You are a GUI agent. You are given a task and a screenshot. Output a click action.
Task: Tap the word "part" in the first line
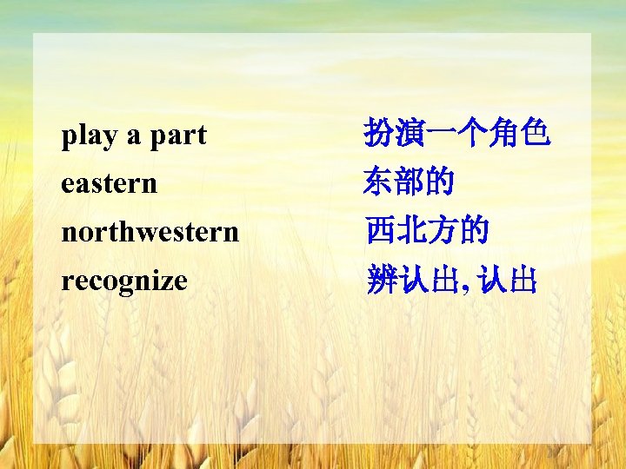click(177, 135)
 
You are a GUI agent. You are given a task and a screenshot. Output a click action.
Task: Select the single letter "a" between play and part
click(133, 137)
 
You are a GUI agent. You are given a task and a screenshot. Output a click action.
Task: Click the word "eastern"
click(109, 183)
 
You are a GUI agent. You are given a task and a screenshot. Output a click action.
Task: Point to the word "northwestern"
click(150, 232)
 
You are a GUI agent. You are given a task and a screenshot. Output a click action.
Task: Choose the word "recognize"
click(124, 281)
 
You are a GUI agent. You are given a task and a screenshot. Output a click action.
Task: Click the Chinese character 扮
click(380, 135)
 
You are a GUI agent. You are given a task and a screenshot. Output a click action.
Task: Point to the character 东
click(380, 183)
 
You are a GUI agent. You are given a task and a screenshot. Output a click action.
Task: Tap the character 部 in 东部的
click(410, 183)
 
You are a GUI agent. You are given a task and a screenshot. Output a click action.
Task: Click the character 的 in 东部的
click(441, 183)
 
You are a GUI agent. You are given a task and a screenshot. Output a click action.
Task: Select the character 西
click(380, 232)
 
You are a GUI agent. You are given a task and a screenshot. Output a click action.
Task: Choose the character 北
click(410, 232)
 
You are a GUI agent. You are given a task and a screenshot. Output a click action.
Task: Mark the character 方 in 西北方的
click(441, 232)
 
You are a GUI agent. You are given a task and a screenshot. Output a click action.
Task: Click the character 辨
click(380, 281)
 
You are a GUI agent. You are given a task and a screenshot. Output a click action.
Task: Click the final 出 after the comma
click(523, 281)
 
